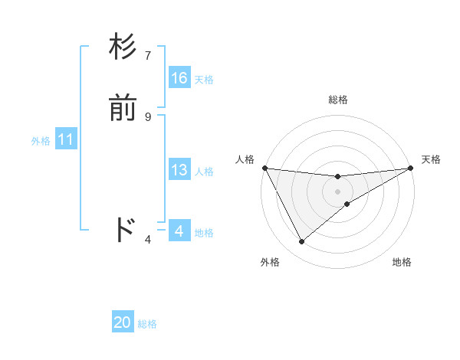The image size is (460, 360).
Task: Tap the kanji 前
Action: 123,109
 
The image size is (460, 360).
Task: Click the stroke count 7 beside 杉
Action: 148,56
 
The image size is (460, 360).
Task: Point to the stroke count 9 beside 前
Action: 148,116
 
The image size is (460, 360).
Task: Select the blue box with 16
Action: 179,78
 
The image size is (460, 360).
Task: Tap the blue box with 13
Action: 179,170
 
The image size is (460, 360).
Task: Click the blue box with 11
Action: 66,140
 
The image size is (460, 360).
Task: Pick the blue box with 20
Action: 123,322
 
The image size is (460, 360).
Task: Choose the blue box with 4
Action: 179,231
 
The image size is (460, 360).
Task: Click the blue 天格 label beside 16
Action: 204,80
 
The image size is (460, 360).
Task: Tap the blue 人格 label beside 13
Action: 204,172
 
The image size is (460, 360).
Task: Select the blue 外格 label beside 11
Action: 41,141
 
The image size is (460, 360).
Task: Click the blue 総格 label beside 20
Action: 147,324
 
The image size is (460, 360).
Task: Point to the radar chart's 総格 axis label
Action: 338,100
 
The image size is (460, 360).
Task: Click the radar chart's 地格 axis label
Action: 402,262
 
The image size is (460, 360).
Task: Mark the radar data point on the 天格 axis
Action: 411,169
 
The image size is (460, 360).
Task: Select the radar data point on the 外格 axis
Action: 301,242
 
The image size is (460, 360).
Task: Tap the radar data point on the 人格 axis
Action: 264,169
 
